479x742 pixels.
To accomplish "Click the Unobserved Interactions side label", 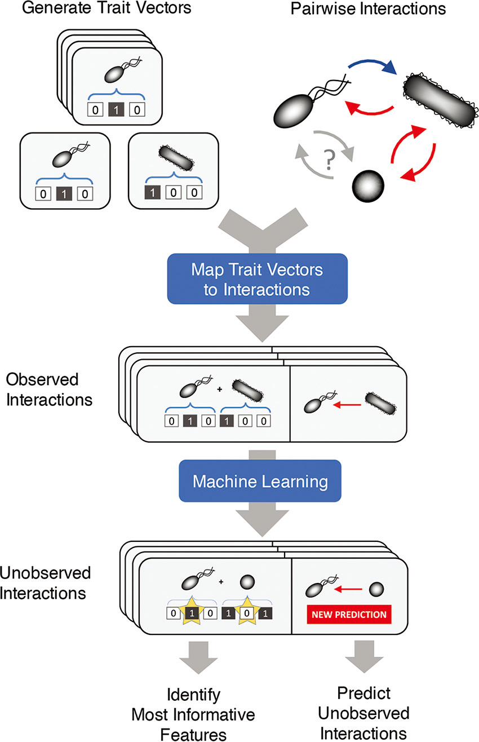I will (x=45, y=584).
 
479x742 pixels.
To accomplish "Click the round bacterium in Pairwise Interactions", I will (x=367, y=183).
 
